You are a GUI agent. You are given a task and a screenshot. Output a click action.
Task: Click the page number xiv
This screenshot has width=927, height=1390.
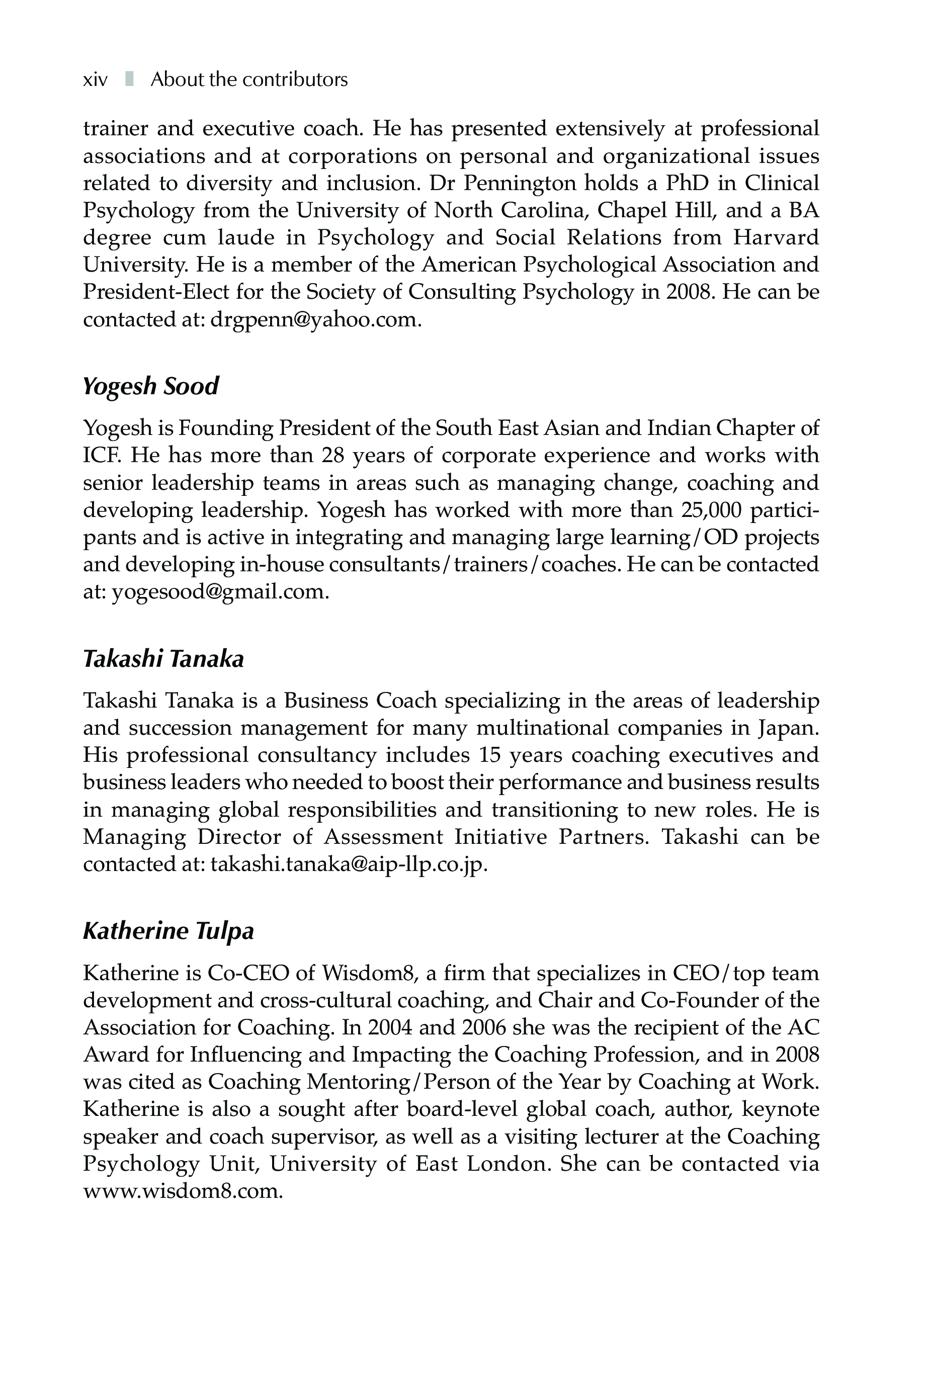click(x=95, y=80)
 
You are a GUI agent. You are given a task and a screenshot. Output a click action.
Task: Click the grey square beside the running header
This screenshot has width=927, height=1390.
click(x=129, y=78)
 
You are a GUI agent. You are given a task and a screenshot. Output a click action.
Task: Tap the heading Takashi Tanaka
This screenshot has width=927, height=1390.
click(x=163, y=659)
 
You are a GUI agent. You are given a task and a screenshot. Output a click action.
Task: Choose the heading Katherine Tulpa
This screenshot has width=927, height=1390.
click(x=168, y=931)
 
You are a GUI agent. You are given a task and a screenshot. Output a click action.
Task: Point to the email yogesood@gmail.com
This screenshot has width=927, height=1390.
click(x=220, y=592)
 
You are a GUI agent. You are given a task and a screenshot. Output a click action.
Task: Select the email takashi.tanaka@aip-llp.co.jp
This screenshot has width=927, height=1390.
click(x=349, y=864)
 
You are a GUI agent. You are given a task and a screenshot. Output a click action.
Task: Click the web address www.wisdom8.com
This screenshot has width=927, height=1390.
click(x=183, y=1191)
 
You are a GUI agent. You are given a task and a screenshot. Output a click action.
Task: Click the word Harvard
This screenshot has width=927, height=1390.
click(x=776, y=237)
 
